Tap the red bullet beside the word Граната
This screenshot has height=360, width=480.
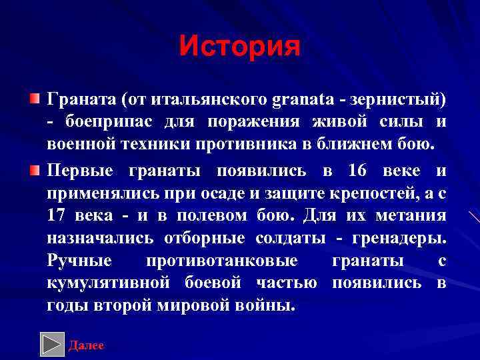click(x=34, y=99)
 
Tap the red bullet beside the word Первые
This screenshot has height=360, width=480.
click(x=34, y=170)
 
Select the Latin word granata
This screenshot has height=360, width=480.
click(x=303, y=100)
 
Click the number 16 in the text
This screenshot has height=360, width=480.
click(x=357, y=170)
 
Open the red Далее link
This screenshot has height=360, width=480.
click(x=87, y=345)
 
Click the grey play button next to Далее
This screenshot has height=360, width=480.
click(x=52, y=343)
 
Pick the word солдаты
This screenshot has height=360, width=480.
click(x=293, y=238)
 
